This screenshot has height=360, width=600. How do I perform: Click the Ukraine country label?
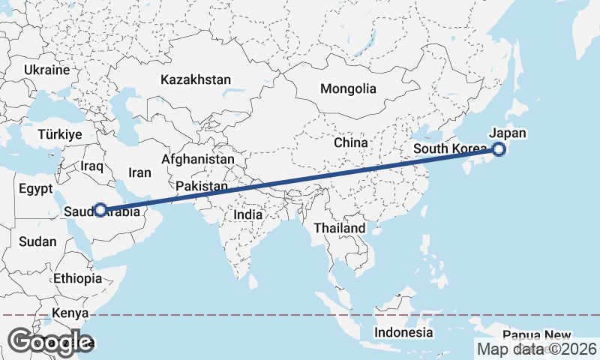tap(46, 70)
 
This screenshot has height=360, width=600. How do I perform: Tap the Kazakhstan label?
tap(196, 79)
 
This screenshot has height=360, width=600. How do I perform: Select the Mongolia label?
tap(348, 88)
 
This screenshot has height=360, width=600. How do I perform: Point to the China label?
tap(351, 142)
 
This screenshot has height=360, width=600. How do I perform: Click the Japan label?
tap(508, 133)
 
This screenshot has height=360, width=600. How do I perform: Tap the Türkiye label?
tap(60, 135)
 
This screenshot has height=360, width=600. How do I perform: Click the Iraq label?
tap(91, 166)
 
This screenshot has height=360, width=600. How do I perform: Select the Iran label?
tap(139, 172)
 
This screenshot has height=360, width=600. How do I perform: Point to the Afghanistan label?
tap(198, 160)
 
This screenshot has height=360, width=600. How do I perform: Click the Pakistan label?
tap(202, 186)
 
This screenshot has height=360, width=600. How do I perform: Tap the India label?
tap(248, 214)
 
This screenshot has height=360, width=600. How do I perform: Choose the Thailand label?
tap(340, 228)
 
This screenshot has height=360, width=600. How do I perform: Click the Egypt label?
tap(35, 187)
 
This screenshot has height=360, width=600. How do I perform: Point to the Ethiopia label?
tap(77, 279)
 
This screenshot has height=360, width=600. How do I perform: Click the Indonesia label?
tap(404, 332)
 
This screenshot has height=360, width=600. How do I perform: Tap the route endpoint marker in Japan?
tap(499, 149)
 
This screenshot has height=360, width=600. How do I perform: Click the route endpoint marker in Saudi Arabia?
tap(100, 210)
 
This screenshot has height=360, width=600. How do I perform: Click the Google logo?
tap(50, 342)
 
